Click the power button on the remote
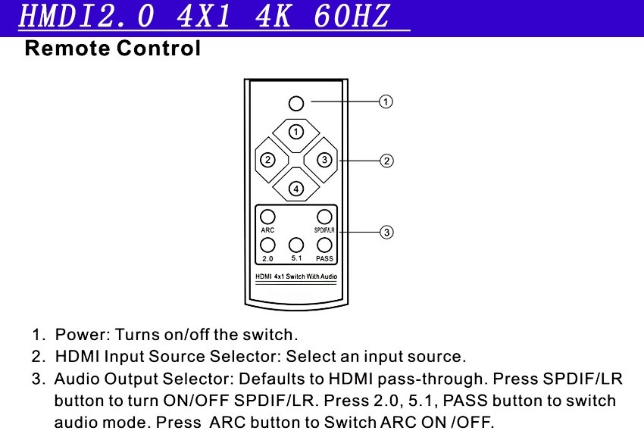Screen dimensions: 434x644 pos(296,102)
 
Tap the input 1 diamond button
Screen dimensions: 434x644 pos(296,132)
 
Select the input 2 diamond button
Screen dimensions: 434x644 pos(267,160)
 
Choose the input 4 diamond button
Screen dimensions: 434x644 pos(296,188)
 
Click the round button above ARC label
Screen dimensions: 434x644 pos(267,216)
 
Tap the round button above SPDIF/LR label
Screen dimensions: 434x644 pos(324,216)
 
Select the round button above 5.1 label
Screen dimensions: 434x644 pos(296,245)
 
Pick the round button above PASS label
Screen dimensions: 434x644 pos(324,245)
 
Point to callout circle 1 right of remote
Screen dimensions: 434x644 pos(386,101)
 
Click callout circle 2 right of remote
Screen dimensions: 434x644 pos(386,161)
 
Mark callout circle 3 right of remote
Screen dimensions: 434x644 pos(386,232)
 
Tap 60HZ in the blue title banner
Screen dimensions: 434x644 pos(357,17)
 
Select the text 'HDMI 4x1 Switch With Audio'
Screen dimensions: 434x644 pos(296,276)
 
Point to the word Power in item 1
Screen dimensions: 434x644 pos(78,334)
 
